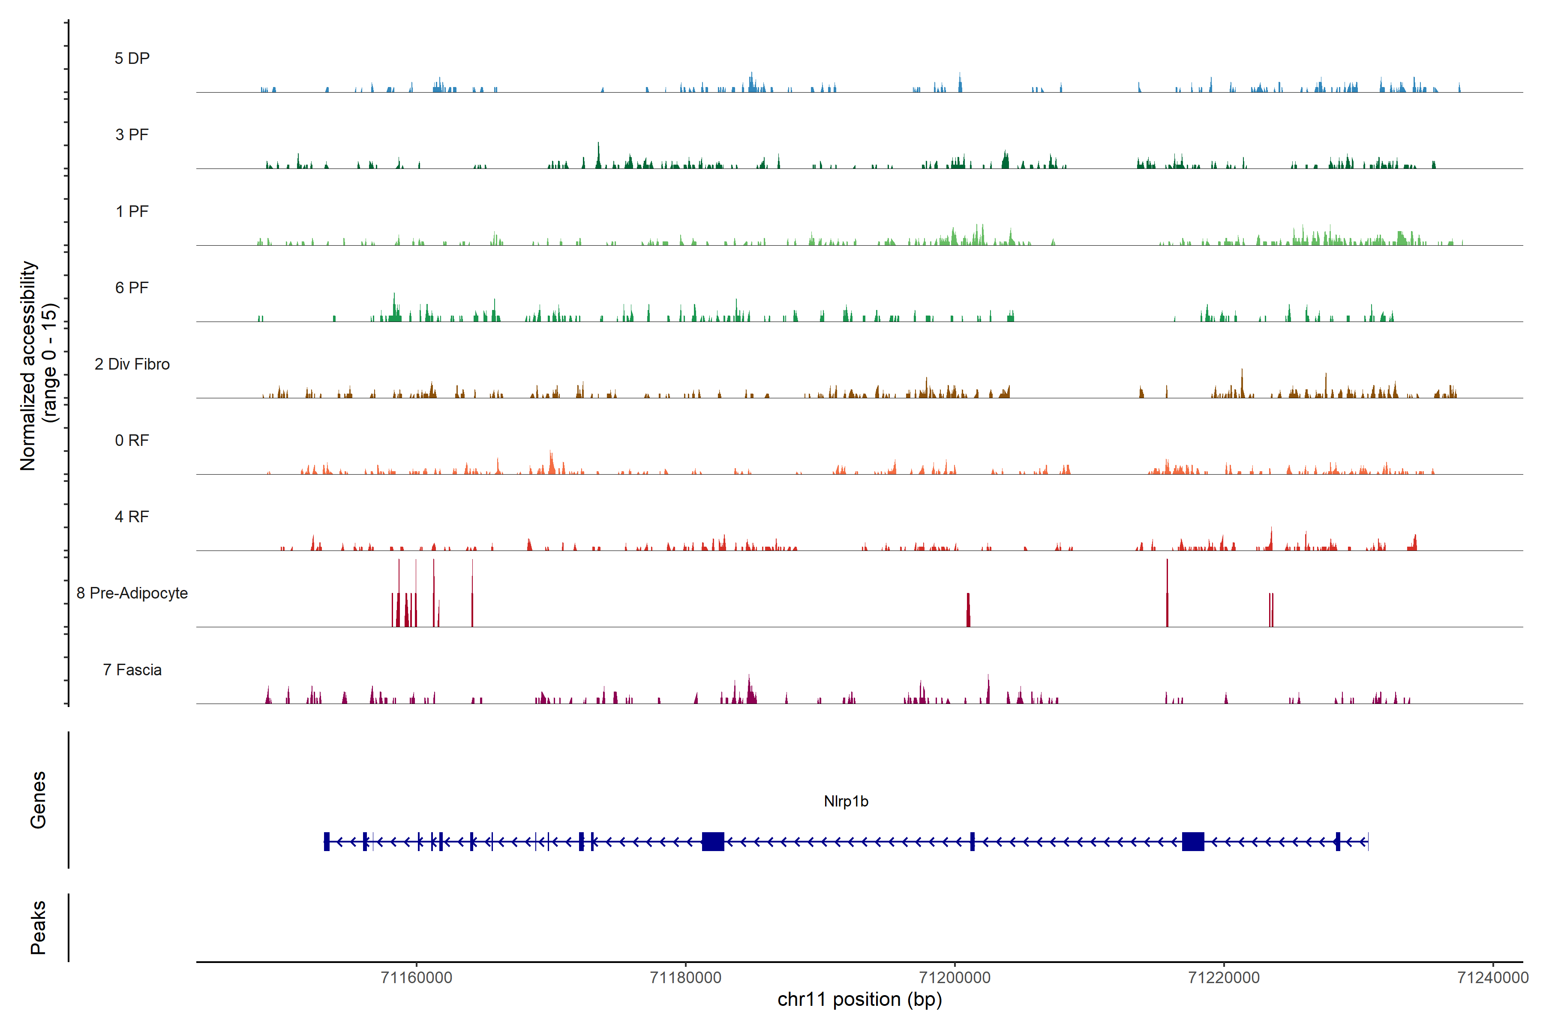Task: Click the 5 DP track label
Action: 132,58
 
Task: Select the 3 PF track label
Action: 132,135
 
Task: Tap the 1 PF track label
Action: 132,211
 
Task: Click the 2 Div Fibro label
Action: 132,364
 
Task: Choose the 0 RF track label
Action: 132,440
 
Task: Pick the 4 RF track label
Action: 132,517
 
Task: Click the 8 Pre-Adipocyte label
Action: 132,593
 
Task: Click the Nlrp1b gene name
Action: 846,801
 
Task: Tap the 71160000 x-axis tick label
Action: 417,978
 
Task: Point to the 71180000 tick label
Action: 685,978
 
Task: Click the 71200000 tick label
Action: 955,978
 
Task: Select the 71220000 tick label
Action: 1224,978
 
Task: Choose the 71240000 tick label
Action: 1492,978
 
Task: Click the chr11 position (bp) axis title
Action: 859,999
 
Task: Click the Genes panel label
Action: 38,800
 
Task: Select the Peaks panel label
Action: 38,927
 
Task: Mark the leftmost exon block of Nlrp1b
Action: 327,841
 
